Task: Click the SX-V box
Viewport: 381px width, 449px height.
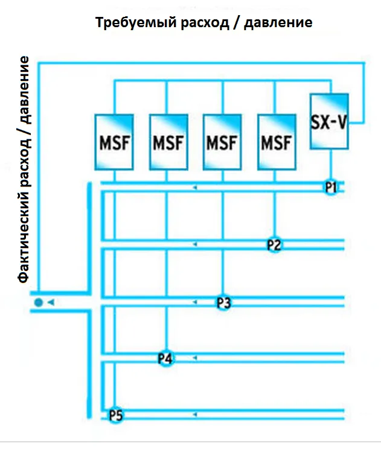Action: [x=329, y=121]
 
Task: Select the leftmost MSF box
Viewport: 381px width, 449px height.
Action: [x=114, y=141]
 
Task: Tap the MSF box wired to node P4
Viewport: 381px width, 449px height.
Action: [x=167, y=141]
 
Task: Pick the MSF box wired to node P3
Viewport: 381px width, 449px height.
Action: [x=222, y=141]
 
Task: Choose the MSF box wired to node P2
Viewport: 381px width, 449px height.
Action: [x=276, y=141]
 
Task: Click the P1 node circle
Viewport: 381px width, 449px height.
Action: [x=330, y=187]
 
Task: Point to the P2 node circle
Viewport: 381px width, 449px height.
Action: [x=275, y=244]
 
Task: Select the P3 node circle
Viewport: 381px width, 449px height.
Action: [x=223, y=302]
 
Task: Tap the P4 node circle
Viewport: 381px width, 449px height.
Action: [x=165, y=358]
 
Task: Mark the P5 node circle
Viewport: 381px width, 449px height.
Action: [x=115, y=415]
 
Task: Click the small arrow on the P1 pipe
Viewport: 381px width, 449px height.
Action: [x=194, y=188]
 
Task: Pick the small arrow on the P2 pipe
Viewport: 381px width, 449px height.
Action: [x=194, y=244]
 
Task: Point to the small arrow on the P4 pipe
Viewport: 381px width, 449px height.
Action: [x=194, y=358]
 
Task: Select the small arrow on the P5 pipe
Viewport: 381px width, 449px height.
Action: [x=194, y=415]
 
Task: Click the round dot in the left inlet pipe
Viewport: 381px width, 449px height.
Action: [x=38, y=302]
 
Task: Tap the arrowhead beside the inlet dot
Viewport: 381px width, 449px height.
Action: [x=51, y=302]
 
